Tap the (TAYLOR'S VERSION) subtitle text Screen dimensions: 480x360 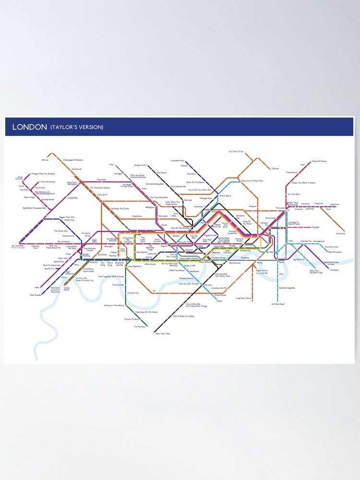(77, 127)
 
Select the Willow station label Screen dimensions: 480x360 (45, 160)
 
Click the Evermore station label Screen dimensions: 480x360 (341, 234)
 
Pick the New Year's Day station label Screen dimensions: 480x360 (163, 333)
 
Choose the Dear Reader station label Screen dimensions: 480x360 (36, 295)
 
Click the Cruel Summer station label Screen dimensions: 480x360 (19, 178)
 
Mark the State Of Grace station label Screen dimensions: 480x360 (319, 161)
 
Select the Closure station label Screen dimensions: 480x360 (275, 168)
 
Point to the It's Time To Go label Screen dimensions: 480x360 (236, 152)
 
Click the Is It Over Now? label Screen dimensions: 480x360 (278, 304)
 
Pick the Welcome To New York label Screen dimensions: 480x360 (252, 180)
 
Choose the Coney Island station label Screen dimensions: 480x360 (67, 288)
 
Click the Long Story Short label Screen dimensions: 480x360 (243, 298)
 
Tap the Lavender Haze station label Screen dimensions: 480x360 (178, 160)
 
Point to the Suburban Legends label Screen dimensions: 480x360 (287, 288)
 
